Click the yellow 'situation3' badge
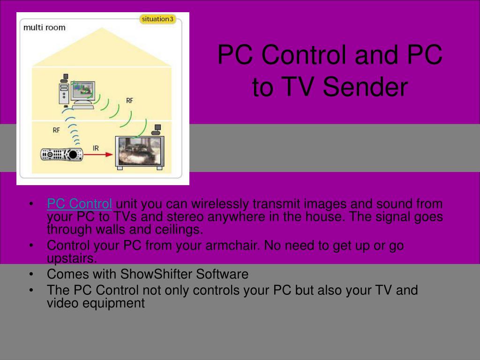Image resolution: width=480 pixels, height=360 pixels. [157, 19]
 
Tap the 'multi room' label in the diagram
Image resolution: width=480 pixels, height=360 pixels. [45, 28]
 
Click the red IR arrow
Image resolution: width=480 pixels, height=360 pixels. [98, 154]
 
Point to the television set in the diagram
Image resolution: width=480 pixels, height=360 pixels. [140, 152]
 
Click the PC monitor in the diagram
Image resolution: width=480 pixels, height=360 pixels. [82, 94]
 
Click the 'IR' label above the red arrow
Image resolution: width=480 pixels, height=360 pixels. [96, 148]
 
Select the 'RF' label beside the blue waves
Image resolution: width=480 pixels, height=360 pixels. [56, 130]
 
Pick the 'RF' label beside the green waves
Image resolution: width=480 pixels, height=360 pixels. [129, 100]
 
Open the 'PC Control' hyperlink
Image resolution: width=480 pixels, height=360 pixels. [79, 203]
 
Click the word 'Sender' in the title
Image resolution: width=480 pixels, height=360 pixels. [365, 87]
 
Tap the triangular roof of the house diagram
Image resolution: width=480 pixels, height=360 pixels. [102, 47]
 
